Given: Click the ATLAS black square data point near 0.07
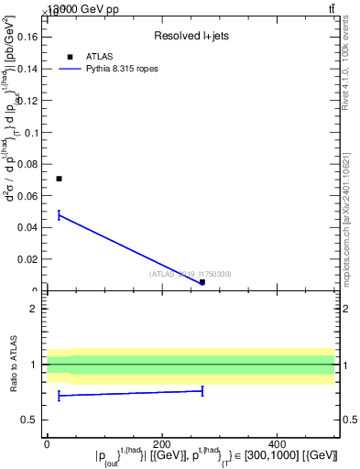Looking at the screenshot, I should coord(59,179).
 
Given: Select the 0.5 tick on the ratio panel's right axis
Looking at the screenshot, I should coord(350,420).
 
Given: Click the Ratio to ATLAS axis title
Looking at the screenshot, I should coord(15,365).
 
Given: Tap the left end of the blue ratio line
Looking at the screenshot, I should coord(59,396).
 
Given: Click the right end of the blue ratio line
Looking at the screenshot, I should coord(202,391).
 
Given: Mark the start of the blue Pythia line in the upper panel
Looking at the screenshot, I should coord(59,215).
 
